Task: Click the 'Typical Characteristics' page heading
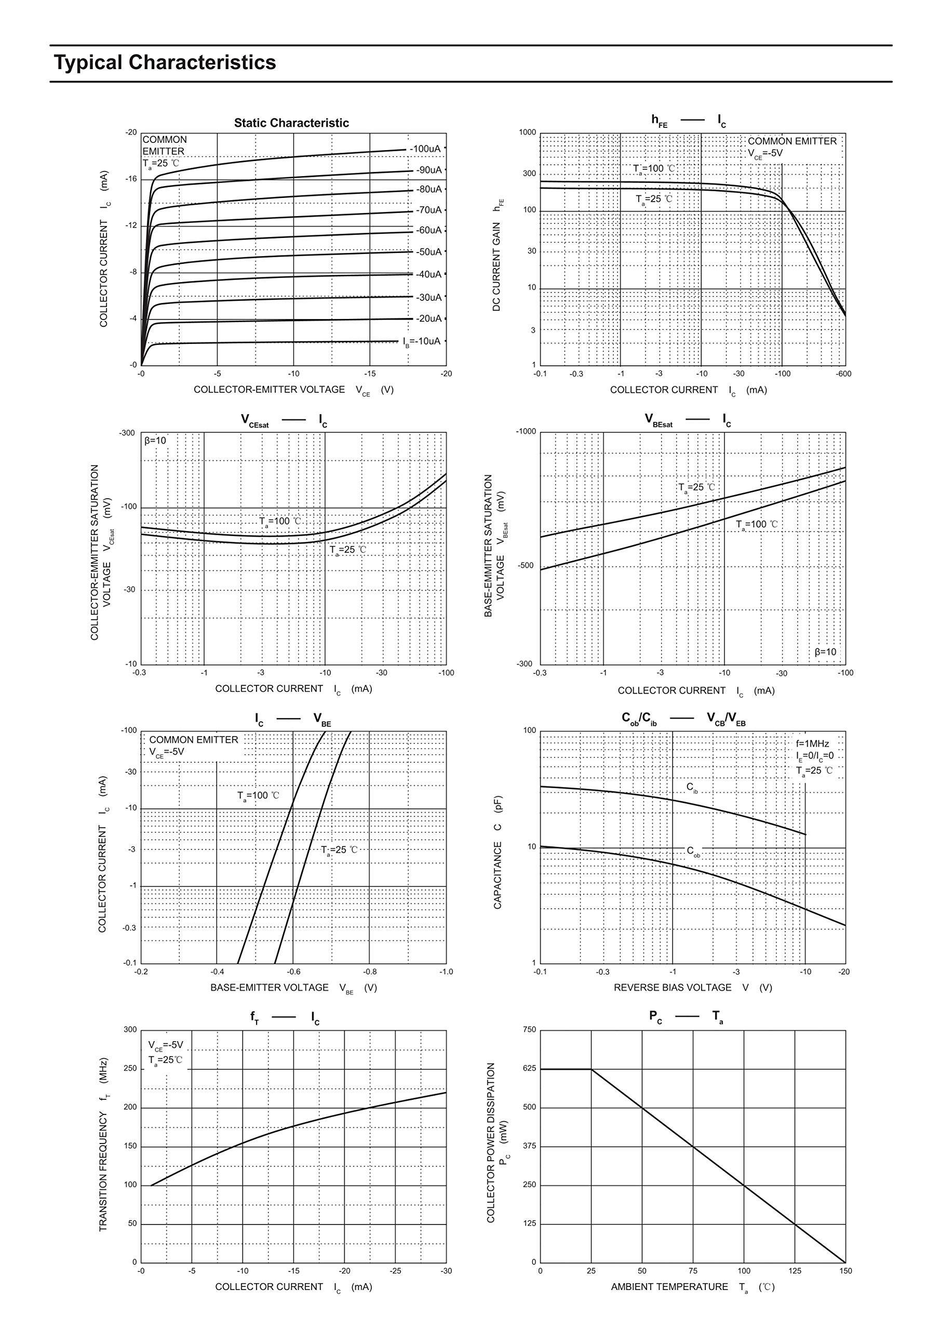click(x=165, y=62)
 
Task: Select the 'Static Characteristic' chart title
click(x=291, y=123)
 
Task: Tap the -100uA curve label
click(x=425, y=149)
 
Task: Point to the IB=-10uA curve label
click(x=422, y=341)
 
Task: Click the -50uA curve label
click(x=428, y=252)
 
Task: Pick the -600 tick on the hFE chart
click(x=843, y=374)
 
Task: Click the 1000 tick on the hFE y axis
click(x=528, y=132)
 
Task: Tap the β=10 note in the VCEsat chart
click(x=155, y=441)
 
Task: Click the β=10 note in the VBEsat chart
click(x=825, y=651)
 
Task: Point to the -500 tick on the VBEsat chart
click(x=526, y=565)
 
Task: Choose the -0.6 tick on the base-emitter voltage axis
click(x=293, y=972)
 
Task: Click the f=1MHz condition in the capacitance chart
click(x=812, y=744)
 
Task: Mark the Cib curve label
click(x=692, y=787)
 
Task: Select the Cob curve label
click(x=693, y=851)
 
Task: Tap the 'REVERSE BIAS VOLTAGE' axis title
click(x=673, y=988)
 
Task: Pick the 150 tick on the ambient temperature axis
click(x=845, y=1271)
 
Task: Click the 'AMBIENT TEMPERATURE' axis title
click(x=669, y=1286)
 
